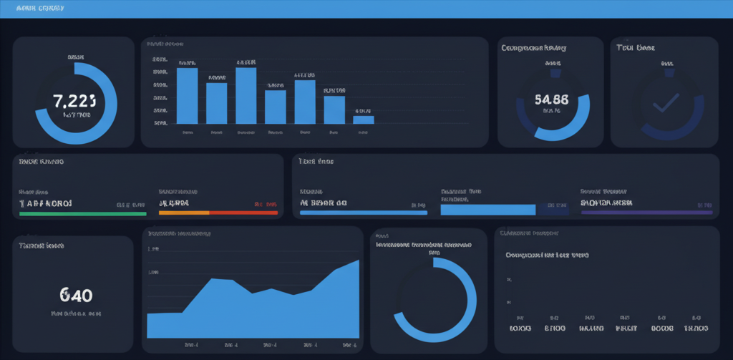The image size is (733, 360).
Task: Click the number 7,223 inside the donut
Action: coord(74,100)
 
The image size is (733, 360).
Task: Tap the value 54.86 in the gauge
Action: coord(551,99)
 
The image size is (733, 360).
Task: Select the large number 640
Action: coord(76,295)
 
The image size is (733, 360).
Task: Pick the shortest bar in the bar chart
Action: coord(364,120)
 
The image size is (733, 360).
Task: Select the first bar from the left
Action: coord(187,96)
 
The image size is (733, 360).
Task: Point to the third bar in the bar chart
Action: coord(246,96)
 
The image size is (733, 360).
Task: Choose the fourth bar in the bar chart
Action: coord(275,107)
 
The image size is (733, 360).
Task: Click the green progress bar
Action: coord(82,213)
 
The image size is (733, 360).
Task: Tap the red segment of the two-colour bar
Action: coord(243,213)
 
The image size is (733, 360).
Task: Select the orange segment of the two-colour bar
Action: coord(183,213)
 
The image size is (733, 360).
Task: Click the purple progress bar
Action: coord(646,213)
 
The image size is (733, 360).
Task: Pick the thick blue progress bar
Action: coord(488,210)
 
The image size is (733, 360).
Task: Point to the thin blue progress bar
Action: coord(364,213)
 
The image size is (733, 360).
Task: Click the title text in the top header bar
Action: coord(40,9)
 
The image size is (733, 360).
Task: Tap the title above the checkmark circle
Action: coord(636,48)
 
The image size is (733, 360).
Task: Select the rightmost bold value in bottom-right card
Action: coord(695,328)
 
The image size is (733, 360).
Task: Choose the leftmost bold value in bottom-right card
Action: coord(520,328)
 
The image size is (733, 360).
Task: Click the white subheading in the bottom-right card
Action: coord(547,255)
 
